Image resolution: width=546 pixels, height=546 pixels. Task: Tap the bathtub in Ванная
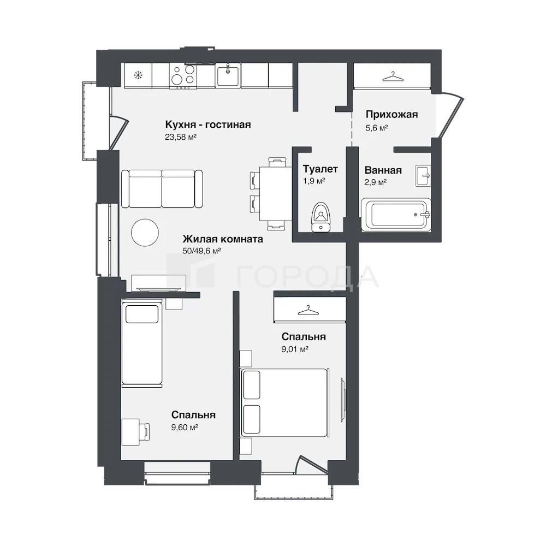(x=396, y=215)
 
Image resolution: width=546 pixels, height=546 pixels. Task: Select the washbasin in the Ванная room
(x=423, y=175)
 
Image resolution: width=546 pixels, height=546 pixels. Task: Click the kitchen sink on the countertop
(x=228, y=75)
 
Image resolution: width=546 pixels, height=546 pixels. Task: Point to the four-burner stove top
(x=183, y=75)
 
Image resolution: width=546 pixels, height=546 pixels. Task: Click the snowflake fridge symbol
(x=139, y=75)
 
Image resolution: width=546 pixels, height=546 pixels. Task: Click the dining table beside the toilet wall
(x=275, y=194)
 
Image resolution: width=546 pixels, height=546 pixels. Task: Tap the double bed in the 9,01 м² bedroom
(x=285, y=402)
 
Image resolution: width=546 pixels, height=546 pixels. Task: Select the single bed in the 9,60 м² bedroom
(x=142, y=343)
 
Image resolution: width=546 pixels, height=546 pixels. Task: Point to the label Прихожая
(x=391, y=114)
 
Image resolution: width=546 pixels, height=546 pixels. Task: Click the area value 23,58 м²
(x=181, y=137)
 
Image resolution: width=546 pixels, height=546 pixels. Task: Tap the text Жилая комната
(x=223, y=239)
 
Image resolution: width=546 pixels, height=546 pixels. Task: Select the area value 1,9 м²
(x=314, y=181)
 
